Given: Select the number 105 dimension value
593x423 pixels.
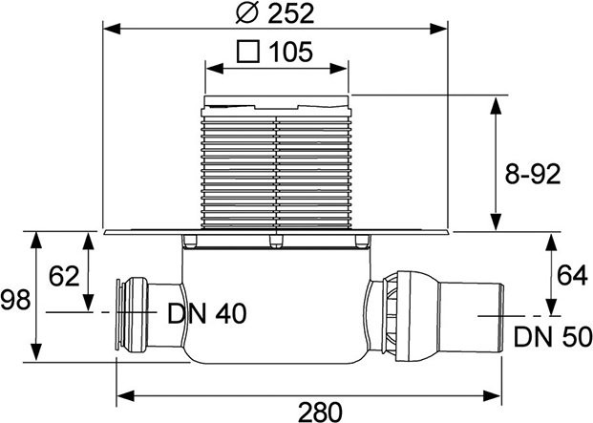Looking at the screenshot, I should pos(289,52).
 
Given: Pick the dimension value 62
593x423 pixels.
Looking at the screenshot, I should pos(63,277).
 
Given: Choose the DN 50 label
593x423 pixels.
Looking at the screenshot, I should pos(550,336).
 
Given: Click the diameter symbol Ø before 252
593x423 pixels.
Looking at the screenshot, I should pos(244,15).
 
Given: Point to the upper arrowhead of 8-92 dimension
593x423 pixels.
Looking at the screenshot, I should pos(495,100).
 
